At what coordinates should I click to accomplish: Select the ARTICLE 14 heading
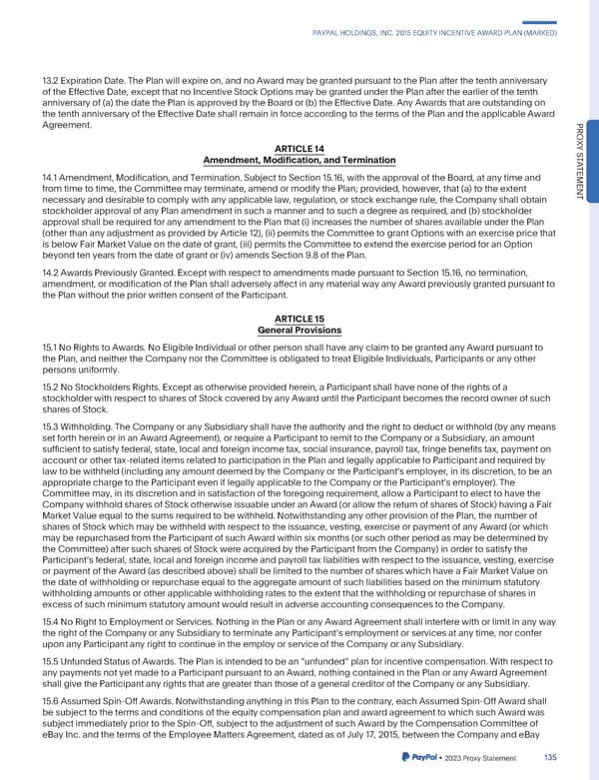tap(299, 149)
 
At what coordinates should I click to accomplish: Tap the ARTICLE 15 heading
tap(299, 320)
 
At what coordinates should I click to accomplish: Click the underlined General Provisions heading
tap(299, 331)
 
